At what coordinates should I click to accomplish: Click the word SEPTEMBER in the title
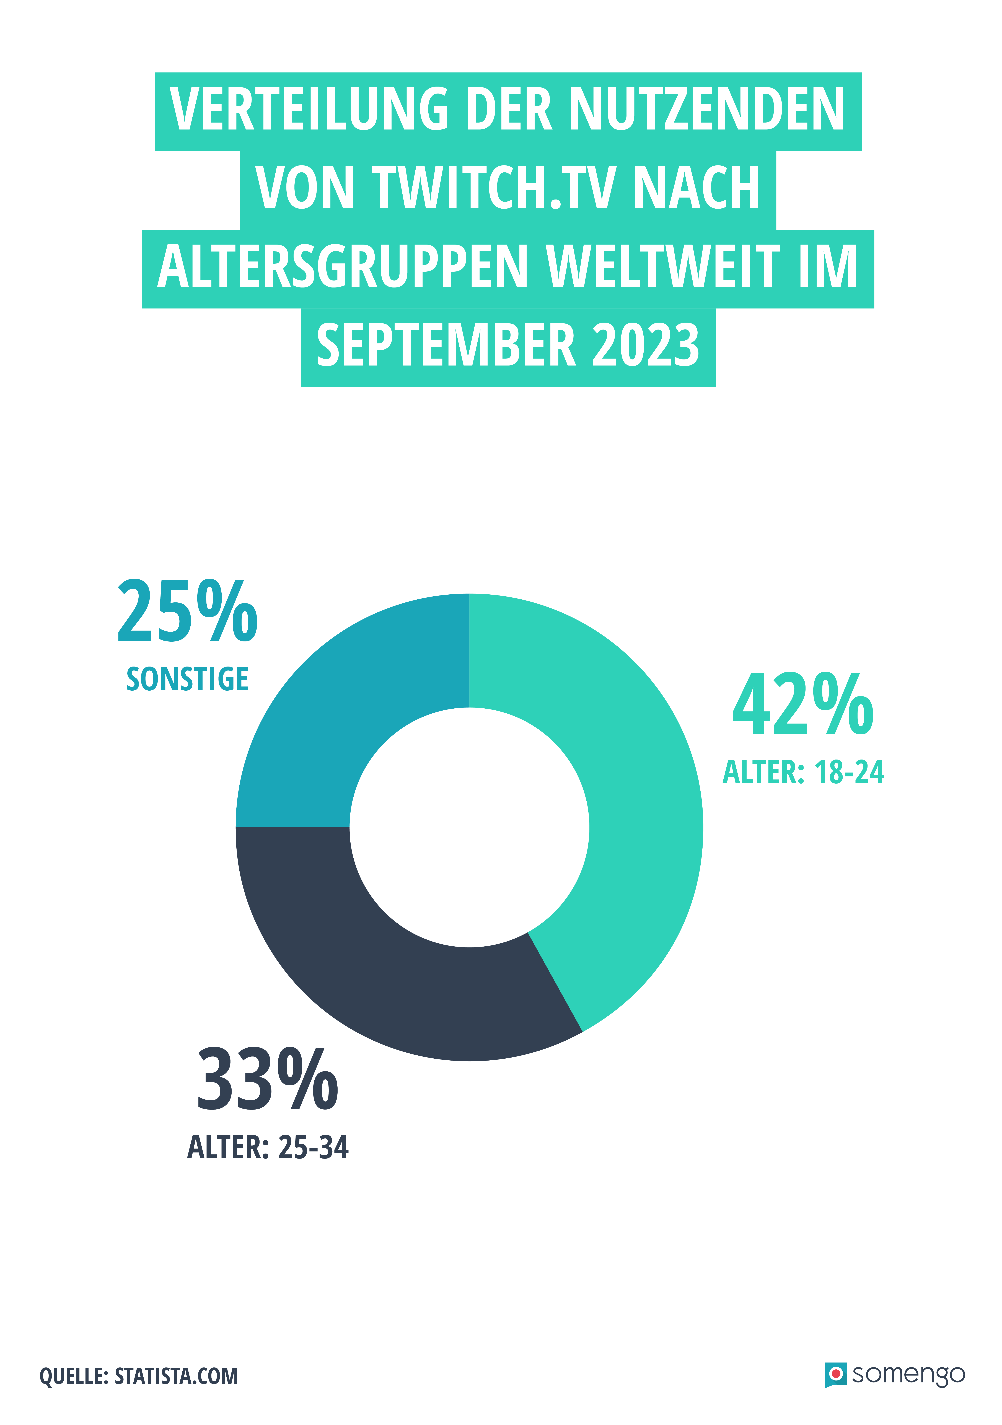(x=446, y=345)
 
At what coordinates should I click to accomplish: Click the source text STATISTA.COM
(x=176, y=1376)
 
